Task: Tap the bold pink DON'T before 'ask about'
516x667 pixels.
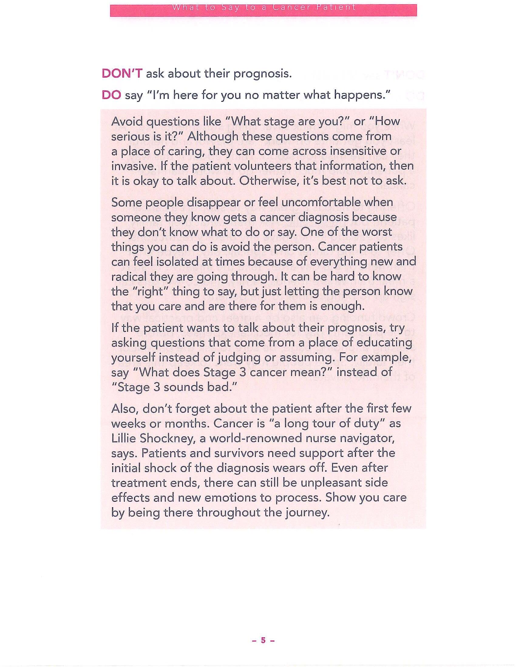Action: (122, 74)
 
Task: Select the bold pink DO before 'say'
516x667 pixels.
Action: (112, 95)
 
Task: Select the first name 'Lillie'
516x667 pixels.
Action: (124, 438)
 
